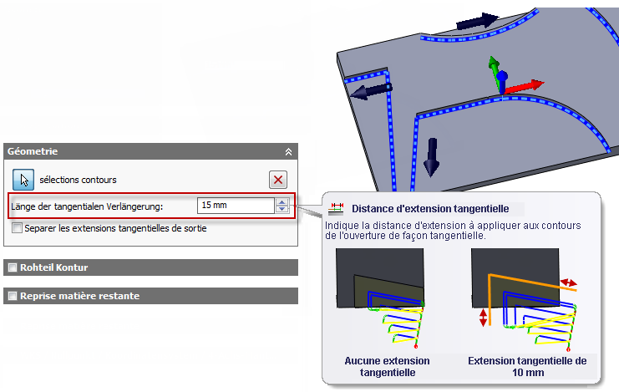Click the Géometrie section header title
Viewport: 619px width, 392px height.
pos(33,151)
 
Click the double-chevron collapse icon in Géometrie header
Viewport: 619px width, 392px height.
pos(288,152)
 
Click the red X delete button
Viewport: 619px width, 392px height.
pos(278,180)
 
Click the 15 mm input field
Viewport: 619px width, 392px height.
pos(236,206)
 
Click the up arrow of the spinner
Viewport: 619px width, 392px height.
pos(282,202)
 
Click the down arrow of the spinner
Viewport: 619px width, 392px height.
pos(282,209)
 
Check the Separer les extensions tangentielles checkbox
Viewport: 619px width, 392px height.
pos(17,228)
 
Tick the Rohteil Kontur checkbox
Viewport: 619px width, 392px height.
pos(13,267)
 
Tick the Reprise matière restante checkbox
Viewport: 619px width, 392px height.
pos(13,296)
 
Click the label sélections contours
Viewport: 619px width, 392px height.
pos(78,180)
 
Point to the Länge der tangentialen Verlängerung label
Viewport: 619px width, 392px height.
pos(87,206)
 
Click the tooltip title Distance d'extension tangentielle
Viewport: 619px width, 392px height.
pos(430,209)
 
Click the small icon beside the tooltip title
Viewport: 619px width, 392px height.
pos(336,209)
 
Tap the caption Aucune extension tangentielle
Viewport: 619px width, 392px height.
pos(388,367)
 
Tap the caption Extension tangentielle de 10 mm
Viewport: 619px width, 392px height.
pos(527,367)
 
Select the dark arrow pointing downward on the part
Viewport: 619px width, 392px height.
pos(432,157)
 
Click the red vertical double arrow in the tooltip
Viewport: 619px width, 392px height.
pos(483,318)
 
